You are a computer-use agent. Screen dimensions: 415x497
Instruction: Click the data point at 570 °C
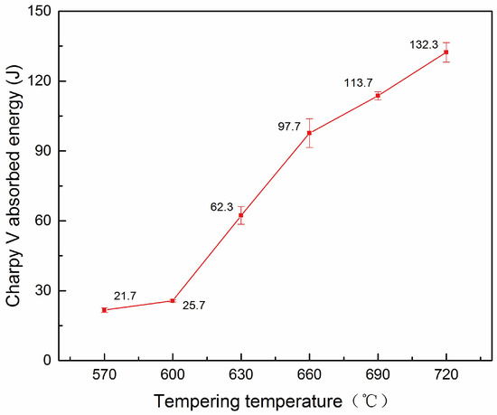click(x=104, y=310)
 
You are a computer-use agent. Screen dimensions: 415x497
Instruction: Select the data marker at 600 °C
click(x=173, y=300)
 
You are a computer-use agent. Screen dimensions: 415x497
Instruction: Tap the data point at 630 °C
click(x=241, y=215)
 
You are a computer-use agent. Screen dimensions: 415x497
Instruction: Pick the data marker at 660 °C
click(x=310, y=133)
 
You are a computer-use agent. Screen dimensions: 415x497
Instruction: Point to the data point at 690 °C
click(x=378, y=96)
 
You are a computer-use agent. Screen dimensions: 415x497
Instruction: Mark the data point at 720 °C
click(x=446, y=52)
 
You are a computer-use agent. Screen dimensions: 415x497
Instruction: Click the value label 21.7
click(x=126, y=296)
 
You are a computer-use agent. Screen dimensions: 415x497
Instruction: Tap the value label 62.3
click(x=221, y=207)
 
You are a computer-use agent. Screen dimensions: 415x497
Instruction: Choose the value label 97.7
click(x=288, y=126)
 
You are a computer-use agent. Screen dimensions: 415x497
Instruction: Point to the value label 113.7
click(x=359, y=82)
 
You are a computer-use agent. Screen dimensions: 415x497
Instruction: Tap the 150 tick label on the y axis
click(x=42, y=11)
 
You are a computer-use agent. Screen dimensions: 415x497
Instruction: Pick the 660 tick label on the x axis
click(x=310, y=375)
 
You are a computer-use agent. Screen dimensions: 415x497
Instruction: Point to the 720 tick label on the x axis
click(x=446, y=375)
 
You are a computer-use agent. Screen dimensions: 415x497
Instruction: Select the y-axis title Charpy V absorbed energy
click(x=14, y=185)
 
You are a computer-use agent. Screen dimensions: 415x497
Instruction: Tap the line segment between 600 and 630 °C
click(x=207, y=258)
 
